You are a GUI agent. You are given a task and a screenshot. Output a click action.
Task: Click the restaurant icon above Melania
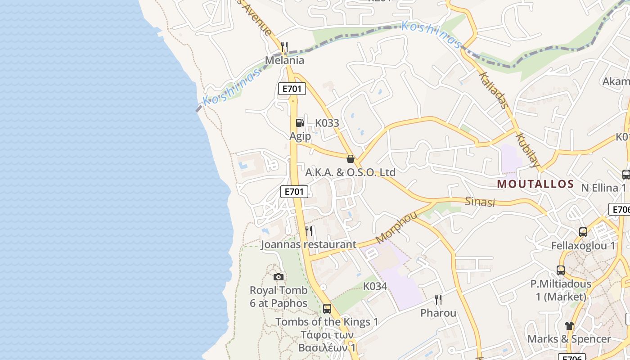pos(284,47)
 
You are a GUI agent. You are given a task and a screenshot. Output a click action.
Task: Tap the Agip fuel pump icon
pos(300,123)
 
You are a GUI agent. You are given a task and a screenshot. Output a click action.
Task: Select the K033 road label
pos(327,123)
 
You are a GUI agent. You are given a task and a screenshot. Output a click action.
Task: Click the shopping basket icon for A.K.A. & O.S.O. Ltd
pos(351,159)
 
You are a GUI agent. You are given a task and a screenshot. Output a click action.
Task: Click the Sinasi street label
pos(480,202)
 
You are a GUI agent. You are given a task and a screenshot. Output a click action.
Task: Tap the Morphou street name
pos(396,227)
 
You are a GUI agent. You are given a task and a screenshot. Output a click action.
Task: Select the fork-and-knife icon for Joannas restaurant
pos(309,231)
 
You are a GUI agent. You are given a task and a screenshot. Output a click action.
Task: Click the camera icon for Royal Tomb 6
pos(279,277)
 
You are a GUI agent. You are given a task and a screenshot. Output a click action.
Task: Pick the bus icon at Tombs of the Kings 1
pos(327,309)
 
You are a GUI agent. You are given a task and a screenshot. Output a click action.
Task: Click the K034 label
pos(375,286)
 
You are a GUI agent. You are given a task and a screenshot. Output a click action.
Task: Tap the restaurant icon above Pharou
pos(438,300)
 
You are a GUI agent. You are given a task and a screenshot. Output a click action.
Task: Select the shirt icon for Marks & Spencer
pos(569,325)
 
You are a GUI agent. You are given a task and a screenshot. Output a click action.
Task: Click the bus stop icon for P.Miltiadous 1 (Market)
pos(561,270)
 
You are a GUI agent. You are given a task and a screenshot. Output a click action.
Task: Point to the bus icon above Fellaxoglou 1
pos(583,232)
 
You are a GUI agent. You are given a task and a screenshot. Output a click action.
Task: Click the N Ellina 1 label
pos(603,188)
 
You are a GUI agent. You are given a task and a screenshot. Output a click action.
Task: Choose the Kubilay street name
pos(527,150)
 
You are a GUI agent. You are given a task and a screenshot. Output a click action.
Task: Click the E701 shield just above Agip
pos(292,89)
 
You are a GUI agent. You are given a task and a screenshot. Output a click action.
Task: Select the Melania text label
pos(284,60)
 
